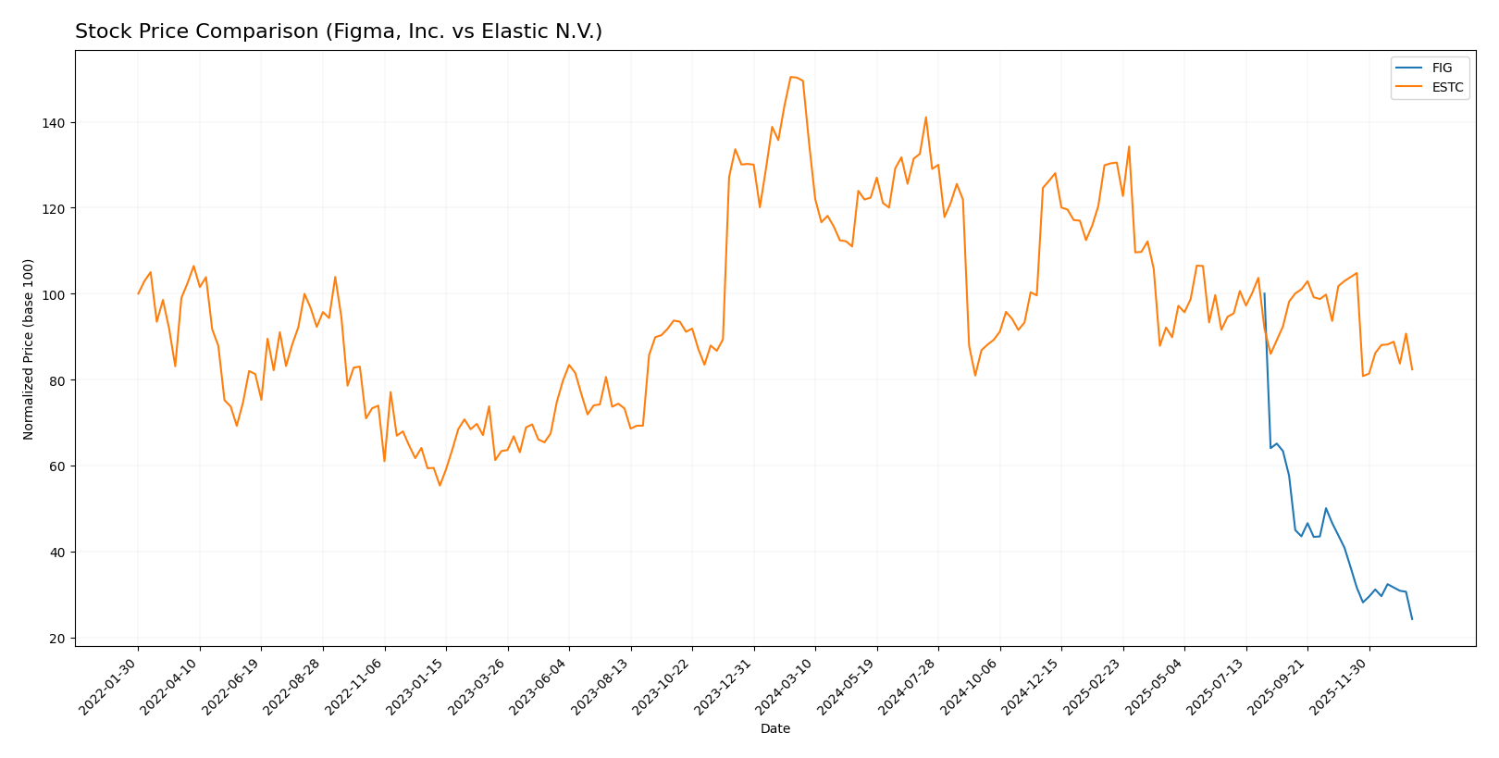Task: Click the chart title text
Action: click(x=339, y=32)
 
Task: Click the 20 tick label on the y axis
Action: click(x=56, y=639)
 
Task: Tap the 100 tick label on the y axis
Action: click(x=52, y=294)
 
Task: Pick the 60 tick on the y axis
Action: click(x=56, y=466)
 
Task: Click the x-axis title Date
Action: click(x=775, y=729)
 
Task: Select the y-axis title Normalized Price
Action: click(x=29, y=349)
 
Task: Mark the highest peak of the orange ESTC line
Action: click(x=791, y=77)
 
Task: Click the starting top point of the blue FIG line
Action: click(x=1264, y=294)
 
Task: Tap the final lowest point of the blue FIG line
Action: click(x=1412, y=619)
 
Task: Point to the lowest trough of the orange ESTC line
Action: click(x=440, y=486)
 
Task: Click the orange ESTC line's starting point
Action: click(x=139, y=294)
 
